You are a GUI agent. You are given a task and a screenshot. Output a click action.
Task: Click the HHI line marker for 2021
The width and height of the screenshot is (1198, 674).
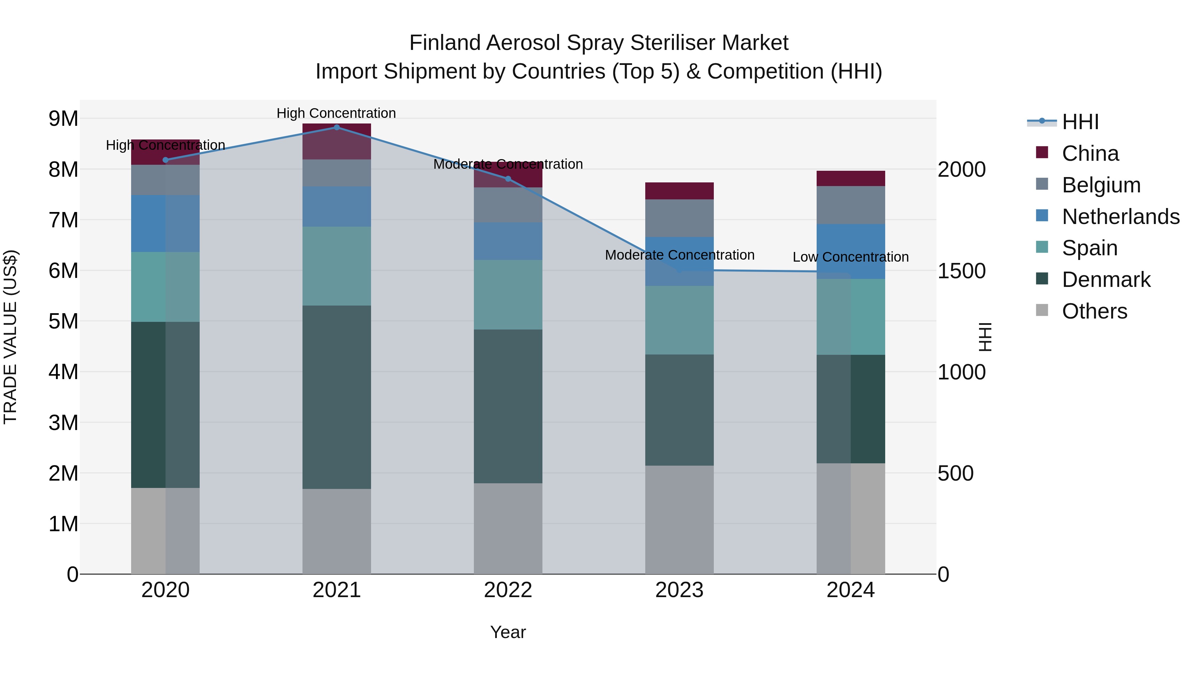tap(337, 127)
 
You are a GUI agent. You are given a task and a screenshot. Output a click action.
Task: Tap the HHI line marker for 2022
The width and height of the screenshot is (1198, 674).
tap(508, 179)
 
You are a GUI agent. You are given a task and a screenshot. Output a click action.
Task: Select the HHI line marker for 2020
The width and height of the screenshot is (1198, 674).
tap(166, 160)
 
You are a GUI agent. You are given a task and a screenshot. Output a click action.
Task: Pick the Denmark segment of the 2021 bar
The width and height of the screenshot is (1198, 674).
tap(337, 397)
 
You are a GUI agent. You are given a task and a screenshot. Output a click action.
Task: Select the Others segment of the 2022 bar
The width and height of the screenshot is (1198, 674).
tap(508, 529)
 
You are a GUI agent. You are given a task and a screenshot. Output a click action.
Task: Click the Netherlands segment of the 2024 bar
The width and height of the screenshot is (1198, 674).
tap(851, 251)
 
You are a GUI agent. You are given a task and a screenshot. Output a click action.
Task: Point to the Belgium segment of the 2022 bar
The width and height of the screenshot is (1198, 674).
tap(508, 205)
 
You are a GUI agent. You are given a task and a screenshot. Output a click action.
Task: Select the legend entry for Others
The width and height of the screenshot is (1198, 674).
tap(1094, 311)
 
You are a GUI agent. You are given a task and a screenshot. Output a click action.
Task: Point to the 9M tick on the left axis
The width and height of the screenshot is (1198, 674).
tap(64, 118)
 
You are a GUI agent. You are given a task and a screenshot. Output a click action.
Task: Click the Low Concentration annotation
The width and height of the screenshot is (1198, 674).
tap(851, 257)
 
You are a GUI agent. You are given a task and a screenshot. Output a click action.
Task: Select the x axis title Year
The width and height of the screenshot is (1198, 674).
tap(508, 632)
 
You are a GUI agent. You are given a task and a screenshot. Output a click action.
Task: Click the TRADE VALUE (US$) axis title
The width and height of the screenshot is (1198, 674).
tap(10, 337)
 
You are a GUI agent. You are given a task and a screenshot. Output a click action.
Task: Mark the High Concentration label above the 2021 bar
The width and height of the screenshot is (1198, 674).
tap(336, 113)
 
